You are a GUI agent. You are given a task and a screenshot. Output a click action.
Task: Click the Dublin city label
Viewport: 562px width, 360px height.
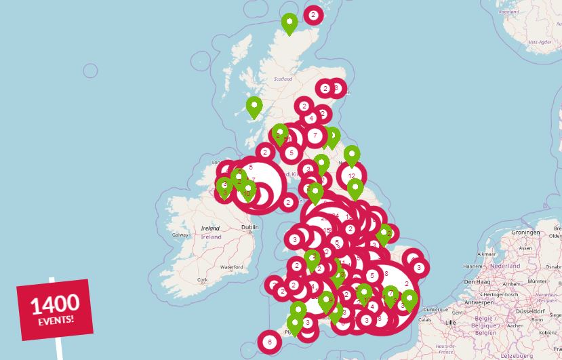pos(249,227)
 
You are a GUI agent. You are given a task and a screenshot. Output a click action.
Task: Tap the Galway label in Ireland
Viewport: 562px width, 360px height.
pos(180,235)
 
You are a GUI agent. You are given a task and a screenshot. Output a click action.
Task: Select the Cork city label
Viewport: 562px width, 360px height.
pos(202,279)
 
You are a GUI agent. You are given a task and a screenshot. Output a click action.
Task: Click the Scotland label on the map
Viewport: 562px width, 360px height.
pos(283,79)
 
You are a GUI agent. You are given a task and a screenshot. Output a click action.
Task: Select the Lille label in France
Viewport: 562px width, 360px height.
pos(449,323)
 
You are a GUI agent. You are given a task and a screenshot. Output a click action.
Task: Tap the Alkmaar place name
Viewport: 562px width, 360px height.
pos(487,254)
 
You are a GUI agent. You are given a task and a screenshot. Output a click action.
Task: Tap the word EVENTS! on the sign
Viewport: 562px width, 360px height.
pos(56,319)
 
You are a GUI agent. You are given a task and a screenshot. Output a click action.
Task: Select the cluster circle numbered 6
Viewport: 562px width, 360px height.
pos(270,342)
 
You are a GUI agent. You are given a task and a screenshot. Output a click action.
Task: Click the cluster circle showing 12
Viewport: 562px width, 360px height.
pos(352,176)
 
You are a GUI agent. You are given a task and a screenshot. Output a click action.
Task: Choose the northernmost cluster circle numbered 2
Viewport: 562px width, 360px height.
pos(313,14)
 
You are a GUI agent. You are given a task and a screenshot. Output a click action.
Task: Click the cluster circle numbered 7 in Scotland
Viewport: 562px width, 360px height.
pos(315,136)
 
